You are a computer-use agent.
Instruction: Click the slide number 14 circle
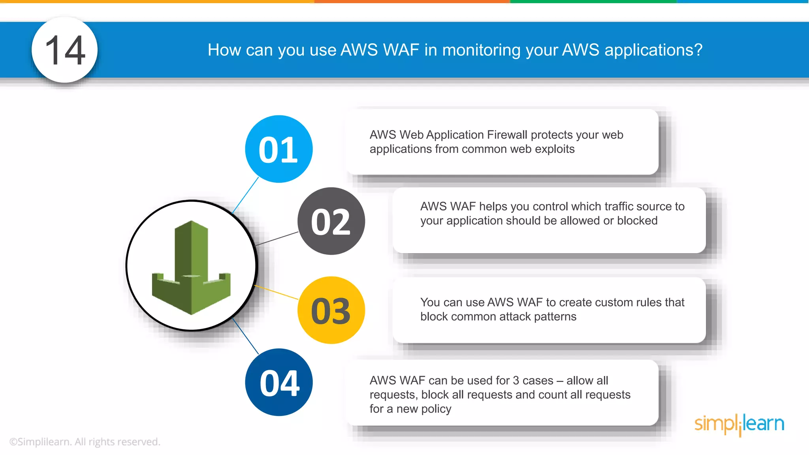coord(64,50)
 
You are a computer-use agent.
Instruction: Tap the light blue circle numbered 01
coord(278,149)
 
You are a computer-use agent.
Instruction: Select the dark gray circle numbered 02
coord(331,221)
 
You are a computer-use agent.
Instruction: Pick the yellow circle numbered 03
coord(331,310)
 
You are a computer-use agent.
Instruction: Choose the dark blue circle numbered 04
coord(278,382)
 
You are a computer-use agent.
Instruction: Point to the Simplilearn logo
coord(739,424)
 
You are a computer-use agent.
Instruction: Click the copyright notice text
coord(85,442)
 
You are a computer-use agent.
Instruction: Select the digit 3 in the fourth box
coord(516,380)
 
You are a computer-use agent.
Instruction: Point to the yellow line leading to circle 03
coord(277,292)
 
